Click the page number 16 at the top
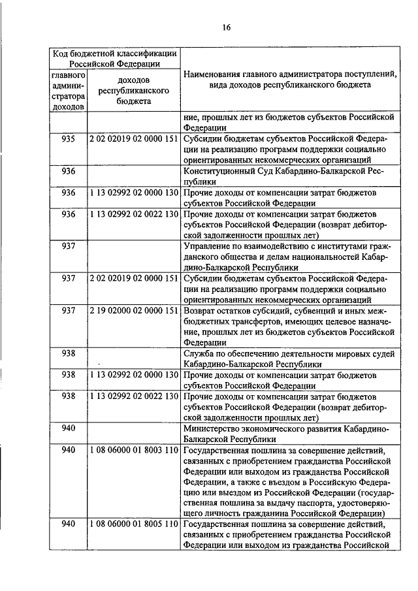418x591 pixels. pyautogui.click(x=226, y=27)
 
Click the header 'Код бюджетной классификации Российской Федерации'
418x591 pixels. pyautogui.click(x=114, y=58)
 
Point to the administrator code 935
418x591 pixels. pyautogui.click(x=69, y=139)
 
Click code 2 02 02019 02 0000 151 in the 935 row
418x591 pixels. pyautogui.click(x=133, y=139)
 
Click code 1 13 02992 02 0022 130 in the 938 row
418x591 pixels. pyautogui.click(x=133, y=396)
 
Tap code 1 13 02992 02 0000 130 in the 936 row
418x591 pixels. pyautogui.click(x=133, y=193)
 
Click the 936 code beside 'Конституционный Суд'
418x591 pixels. pyautogui.click(x=69, y=172)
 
